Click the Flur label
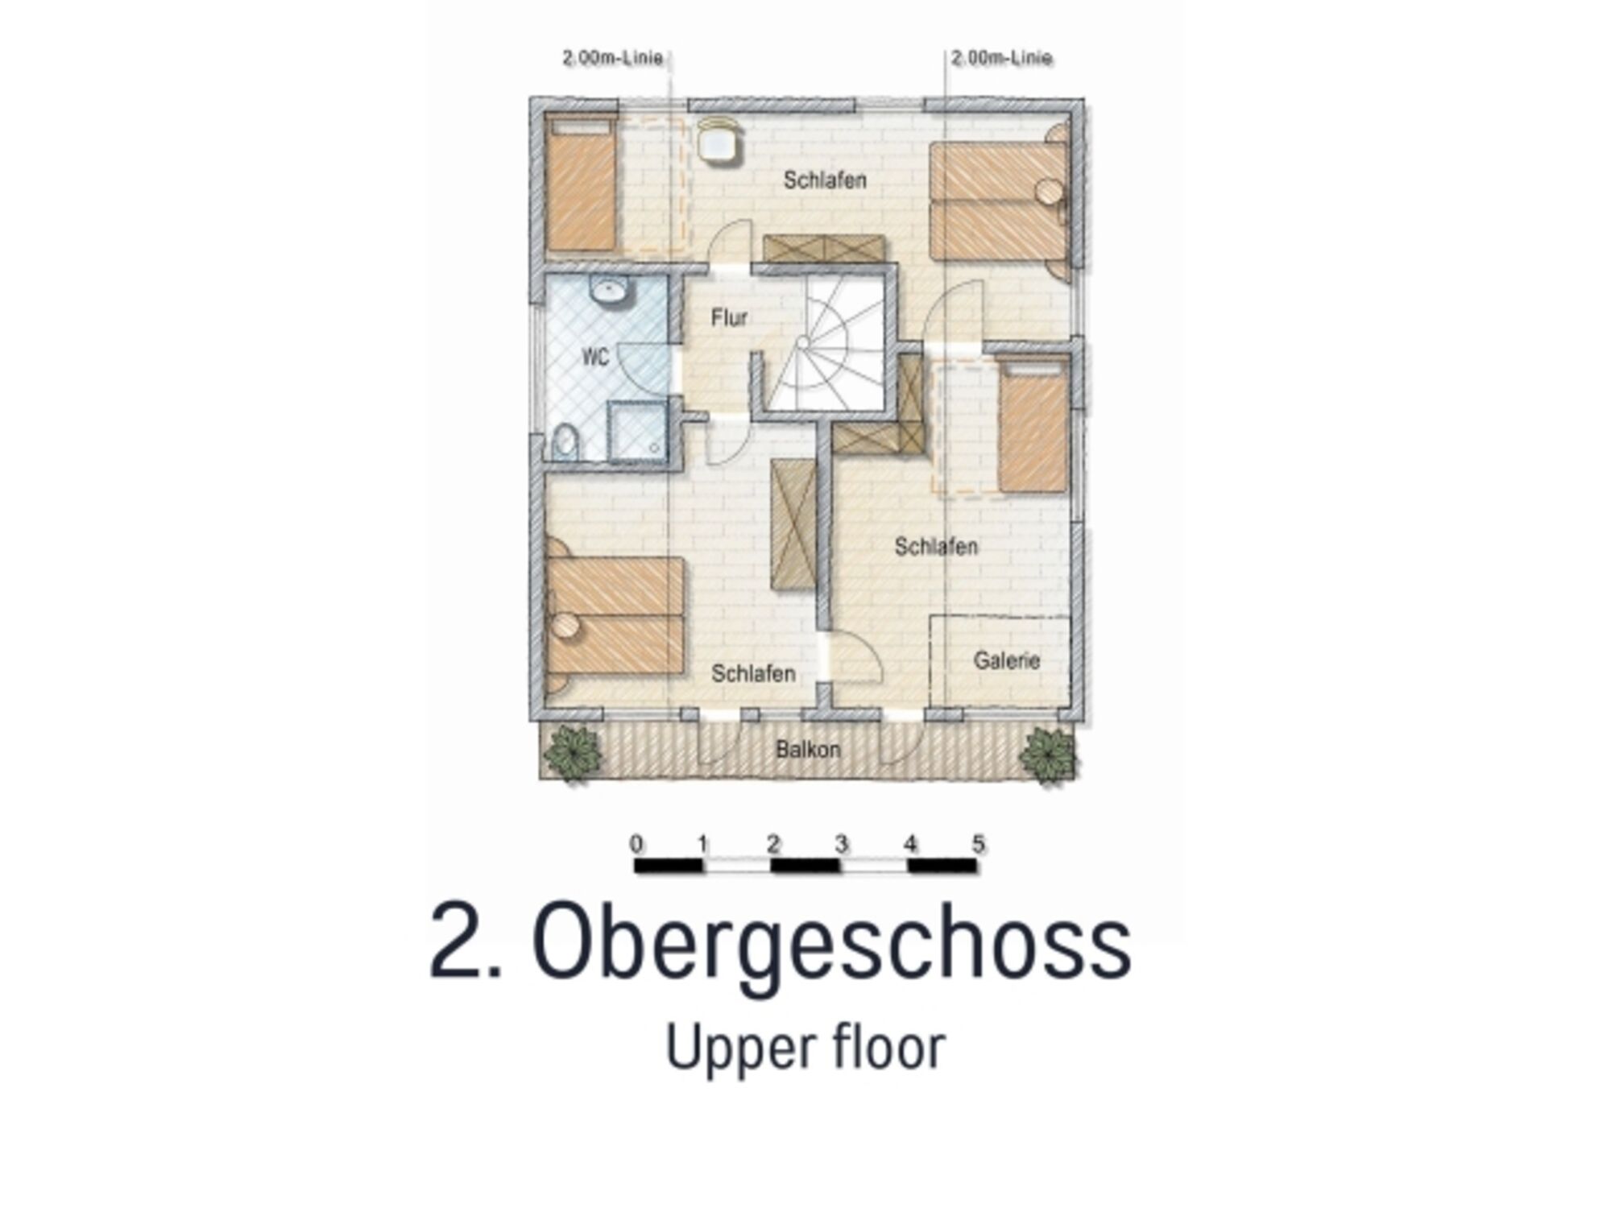pyautogui.click(x=729, y=318)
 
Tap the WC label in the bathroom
pyautogui.click(x=595, y=357)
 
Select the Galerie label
pyautogui.click(x=1007, y=660)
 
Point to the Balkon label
pyautogui.click(x=808, y=750)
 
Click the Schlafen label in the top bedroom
pyautogui.click(x=825, y=180)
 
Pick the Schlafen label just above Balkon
pyautogui.click(x=753, y=673)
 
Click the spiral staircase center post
pyautogui.click(x=802, y=343)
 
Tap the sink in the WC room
pyautogui.click(x=610, y=290)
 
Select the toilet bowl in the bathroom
pyautogui.click(x=566, y=442)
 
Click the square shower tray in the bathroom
pyautogui.click(x=638, y=432)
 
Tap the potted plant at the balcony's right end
pyautogui.click(x=1047, y=754)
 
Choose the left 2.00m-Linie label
pyautogui.click(x=612, y=58)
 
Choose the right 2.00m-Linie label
pyautogui.click(x=1002, y=58)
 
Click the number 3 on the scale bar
pyautogui.click(x=841, y=844)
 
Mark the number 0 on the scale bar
pyautogui.click(x=636, y=844)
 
